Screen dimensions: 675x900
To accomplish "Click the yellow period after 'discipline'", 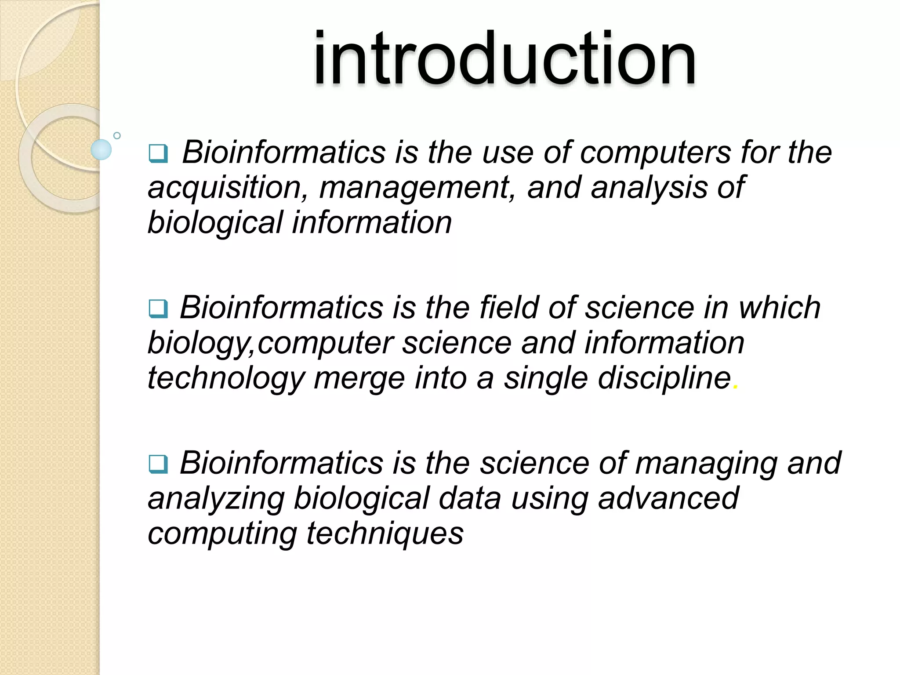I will (736, 387).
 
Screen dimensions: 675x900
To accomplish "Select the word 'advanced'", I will (668, 498).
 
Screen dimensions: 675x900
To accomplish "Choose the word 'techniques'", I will (385, 534).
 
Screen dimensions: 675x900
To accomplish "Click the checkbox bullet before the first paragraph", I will (158, 153).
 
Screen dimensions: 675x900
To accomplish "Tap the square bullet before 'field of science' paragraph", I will (158, 308).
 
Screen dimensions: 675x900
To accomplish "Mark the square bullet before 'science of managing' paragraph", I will (158, 464).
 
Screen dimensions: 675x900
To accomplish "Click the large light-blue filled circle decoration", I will (101, 149).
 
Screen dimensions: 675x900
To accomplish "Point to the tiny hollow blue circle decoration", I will (117, 135).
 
